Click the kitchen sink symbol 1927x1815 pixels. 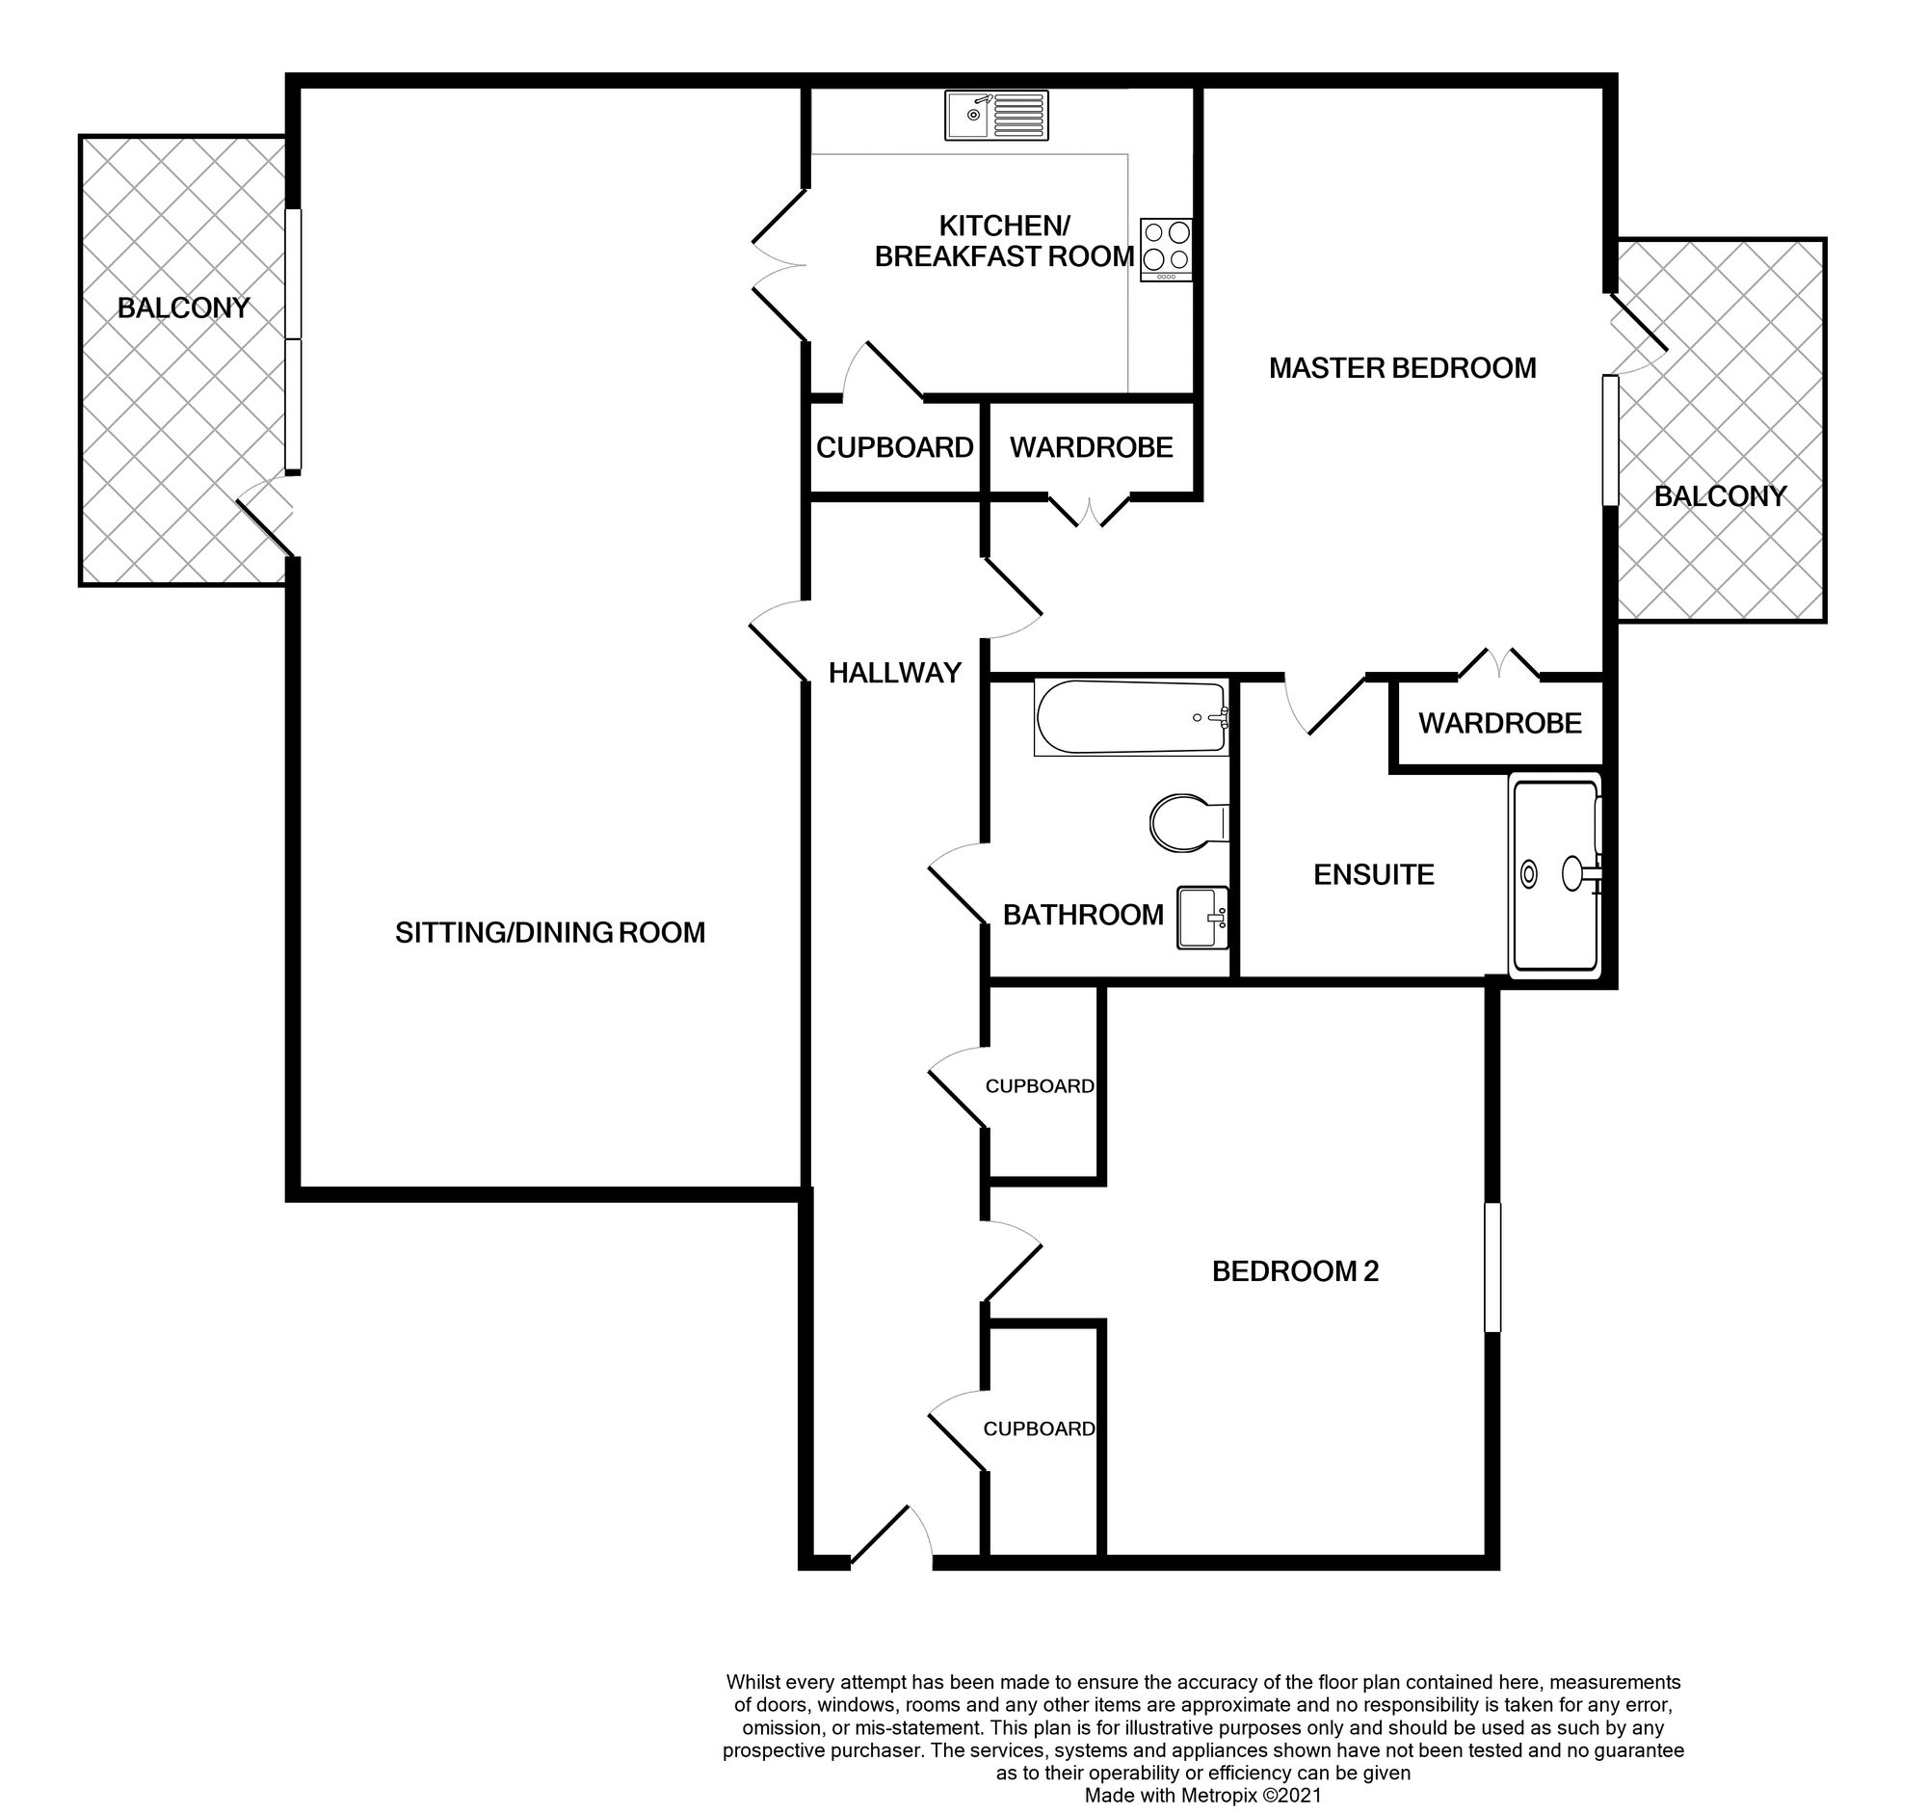[996, 116]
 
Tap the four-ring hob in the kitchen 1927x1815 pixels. [1167, 251]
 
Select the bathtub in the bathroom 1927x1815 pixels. [1131, 717]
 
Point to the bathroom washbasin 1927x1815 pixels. [1202, 918]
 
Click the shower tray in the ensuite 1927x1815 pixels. [1556, 875]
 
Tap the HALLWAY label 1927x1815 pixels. [895, 673]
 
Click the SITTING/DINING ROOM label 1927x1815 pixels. [549, 933]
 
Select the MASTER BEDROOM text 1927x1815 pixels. [1403, 368]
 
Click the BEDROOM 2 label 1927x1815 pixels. [1295, 1271]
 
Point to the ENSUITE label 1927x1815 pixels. [1374, 874]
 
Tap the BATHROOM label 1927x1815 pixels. [1083, 916]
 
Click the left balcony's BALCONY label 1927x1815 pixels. [183, 308]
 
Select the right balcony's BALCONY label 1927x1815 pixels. [1720, 496]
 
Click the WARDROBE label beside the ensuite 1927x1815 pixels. [1499, 723]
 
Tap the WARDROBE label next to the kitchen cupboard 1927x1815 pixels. [1092, 448]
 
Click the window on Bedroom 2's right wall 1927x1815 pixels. [1492, 1268]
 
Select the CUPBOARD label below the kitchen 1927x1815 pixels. [895, 448]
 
